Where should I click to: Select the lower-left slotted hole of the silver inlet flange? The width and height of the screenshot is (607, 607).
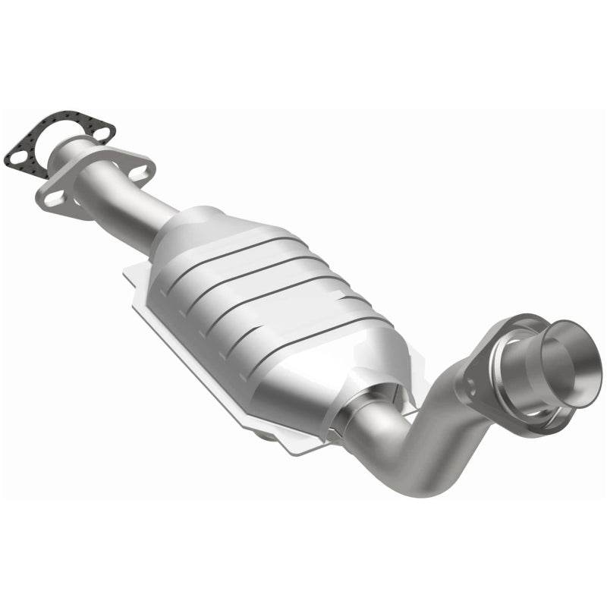tap(54, 197)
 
